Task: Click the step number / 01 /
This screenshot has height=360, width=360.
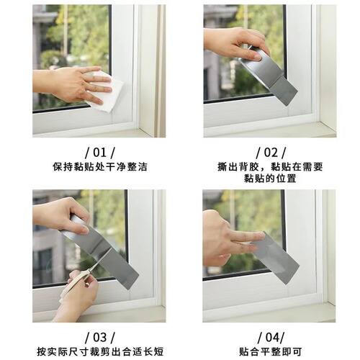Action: (x=99, y=153)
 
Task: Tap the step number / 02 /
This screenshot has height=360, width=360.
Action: (x=270, y=153)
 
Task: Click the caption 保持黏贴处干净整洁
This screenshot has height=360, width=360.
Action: (x=99, y=166)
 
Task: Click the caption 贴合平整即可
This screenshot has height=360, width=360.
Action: (x=270, y=351)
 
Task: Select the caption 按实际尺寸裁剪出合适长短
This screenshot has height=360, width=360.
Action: (x=99, y=351)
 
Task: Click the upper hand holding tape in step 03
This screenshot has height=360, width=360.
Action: (x=61, y=215)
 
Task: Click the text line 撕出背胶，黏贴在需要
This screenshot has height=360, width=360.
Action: (x=270, y=166)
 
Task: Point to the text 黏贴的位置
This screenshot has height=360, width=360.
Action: (x=270, y=179)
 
